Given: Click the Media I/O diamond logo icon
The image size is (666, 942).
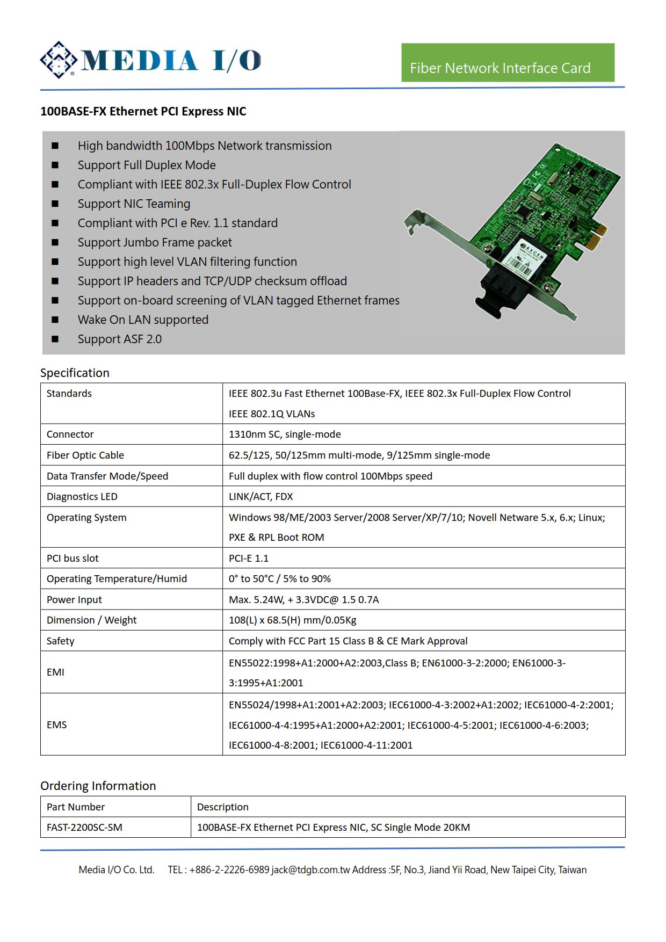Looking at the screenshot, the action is coord(59,60).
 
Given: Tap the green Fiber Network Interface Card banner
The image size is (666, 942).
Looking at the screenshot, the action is coord(508,63).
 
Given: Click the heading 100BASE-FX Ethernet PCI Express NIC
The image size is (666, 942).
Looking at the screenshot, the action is coord(143,111).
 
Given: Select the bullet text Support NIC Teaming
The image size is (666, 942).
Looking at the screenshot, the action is coord(134,204).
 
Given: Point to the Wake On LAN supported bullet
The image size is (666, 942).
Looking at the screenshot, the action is coord(143,320).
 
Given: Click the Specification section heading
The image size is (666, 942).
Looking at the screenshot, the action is coord(75,373).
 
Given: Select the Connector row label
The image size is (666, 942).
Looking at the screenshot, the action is coord(70,434).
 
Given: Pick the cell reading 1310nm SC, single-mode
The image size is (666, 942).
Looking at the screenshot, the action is coord(285,434).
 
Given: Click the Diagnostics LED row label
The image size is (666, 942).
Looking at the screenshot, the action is coord(82,496).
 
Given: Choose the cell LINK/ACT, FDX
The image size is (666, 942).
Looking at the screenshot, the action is coord(261,496).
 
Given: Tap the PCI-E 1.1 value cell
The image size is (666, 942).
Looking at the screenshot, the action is coord(249,558).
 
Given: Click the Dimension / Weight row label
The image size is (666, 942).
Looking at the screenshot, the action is coord(91,620).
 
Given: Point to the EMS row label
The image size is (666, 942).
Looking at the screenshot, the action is coord(57,724).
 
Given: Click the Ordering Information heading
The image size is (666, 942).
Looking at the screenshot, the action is coord(98,786).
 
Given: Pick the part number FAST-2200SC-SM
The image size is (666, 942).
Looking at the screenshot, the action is coord(84,827).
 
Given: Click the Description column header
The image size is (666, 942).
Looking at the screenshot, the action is coord(223,807).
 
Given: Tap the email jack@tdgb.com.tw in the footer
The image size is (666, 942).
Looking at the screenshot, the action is coord(311,869).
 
